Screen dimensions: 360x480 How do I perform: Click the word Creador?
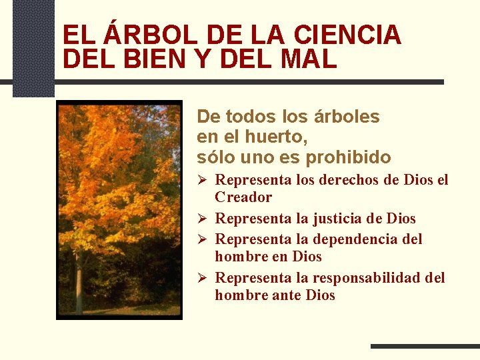point(243,197)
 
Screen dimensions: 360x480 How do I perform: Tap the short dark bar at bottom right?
point(424,346)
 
